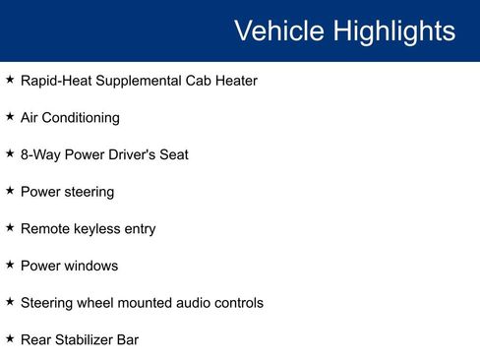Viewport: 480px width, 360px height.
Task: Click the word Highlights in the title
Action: coord(393,30)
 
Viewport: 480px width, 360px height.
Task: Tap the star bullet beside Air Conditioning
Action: coord(10,117)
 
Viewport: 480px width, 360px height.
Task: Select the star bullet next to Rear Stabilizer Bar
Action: coord(10,339)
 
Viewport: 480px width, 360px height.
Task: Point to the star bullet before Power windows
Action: coord(10,266)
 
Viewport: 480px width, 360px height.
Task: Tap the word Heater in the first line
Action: coord(235,81)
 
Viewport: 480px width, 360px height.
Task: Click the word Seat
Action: coord(174,154)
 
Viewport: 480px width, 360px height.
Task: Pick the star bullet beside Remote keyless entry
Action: coord(10,228)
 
